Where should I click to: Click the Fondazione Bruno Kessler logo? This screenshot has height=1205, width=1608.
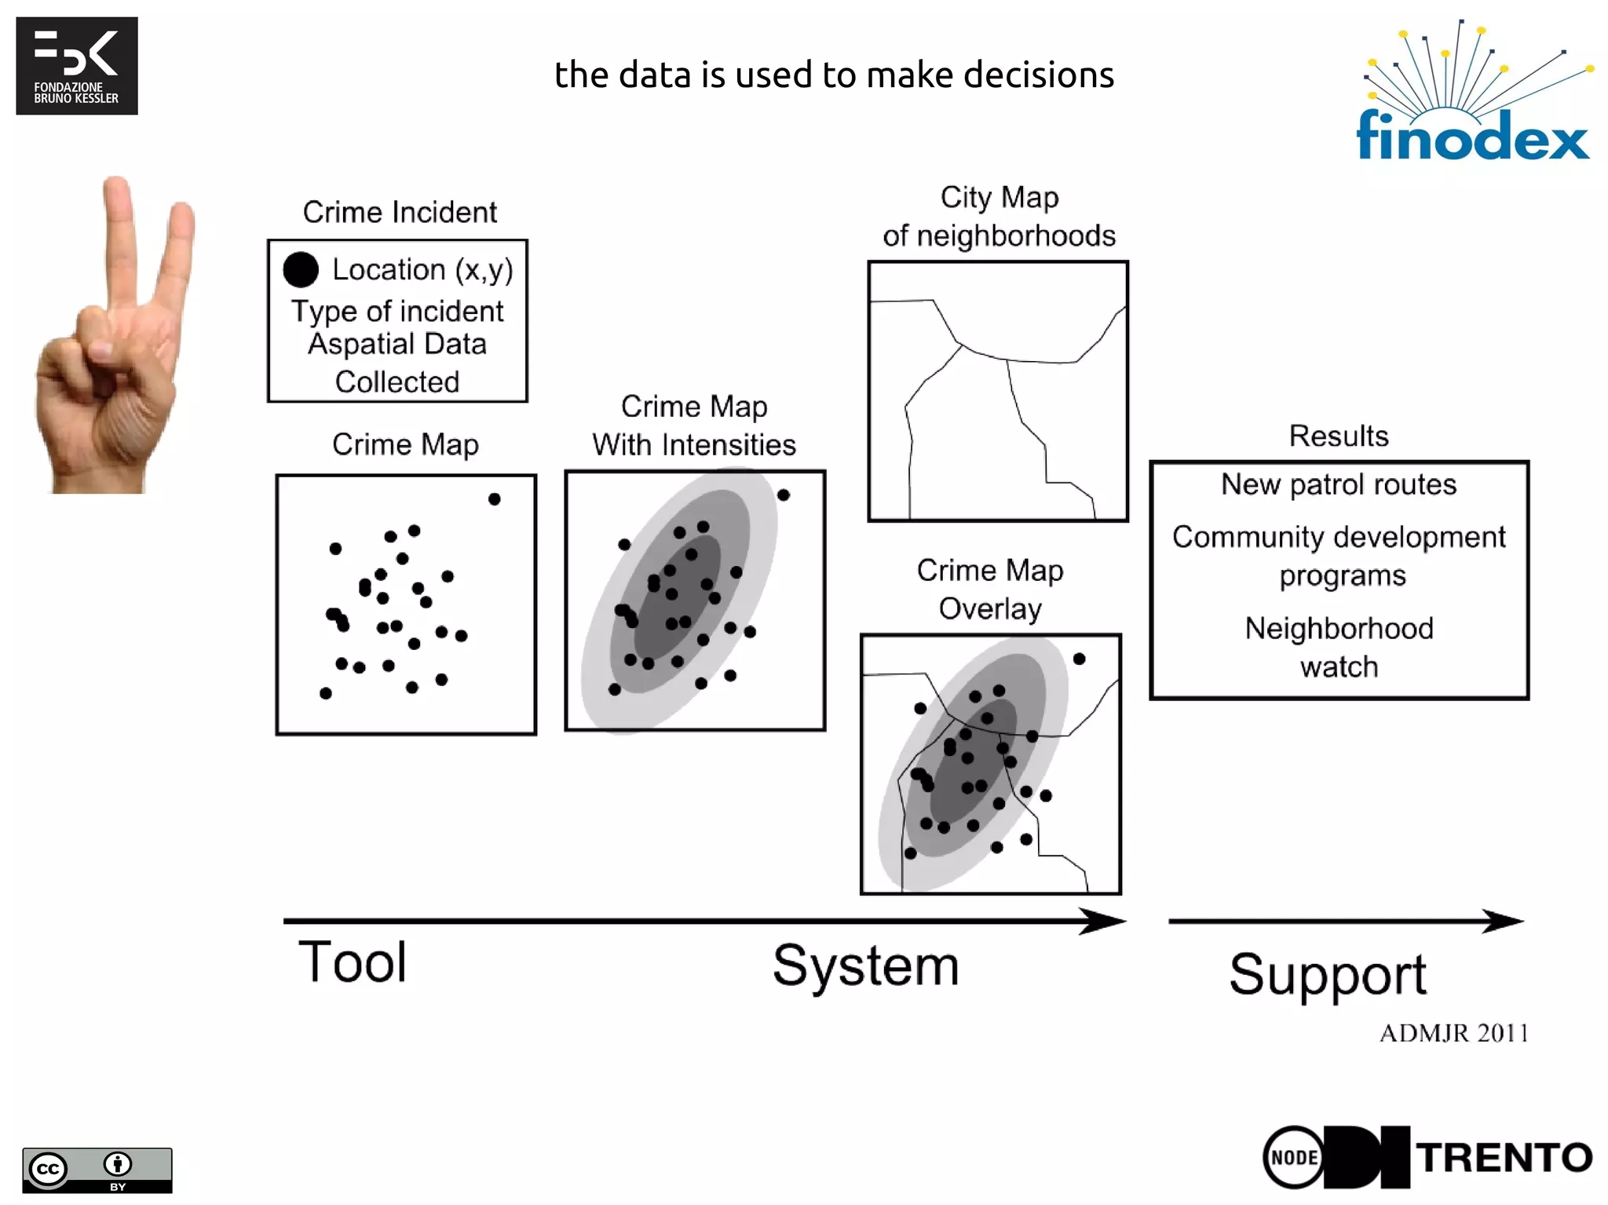pyautogui.click(x=77, y=66)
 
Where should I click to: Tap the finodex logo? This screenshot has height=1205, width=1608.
pyautogui.click(x=1473, y=94)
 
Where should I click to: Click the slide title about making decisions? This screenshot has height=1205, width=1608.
pyautogui.click(x=834, y=75)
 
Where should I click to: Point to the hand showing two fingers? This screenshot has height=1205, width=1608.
pyautogui.click(x=118, y=338)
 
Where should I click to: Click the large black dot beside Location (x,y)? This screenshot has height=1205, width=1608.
pyautogui.click(x=301, y=269)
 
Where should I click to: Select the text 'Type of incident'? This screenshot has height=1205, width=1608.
pyautogui.click(x=397, y=312)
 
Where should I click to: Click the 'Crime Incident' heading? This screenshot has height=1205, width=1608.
pyautogui.click(x=400, y=212)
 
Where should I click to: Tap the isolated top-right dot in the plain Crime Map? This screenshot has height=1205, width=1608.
pyautogui.click(x=494, y=499)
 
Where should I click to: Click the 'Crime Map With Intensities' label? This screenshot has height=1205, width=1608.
pyautogui.click(x=694, y=425)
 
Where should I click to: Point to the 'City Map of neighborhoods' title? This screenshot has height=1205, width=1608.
pyautogui.click(x=999, y=217)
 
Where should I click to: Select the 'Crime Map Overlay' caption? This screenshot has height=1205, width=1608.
pyautogui.click(x=990, y=590)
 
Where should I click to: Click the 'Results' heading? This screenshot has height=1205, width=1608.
pyautogui.click(x=1339, y=436)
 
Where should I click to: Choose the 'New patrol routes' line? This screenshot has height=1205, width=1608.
pyautogui.click(x=1339, y=484)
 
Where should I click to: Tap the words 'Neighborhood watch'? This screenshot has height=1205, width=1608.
pyautogui.click(x=1339, y=648)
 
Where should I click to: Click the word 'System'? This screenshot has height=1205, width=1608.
pyautogui.click(x=866, y=966)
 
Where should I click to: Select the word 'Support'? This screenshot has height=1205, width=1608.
pyautogui.click(x=1328, y=975)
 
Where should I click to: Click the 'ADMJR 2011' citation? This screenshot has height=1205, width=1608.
pyautogui.click(x=1454, y=1033)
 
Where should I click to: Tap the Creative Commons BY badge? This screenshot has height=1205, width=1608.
pyautogui.click(x=97, y=1170)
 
